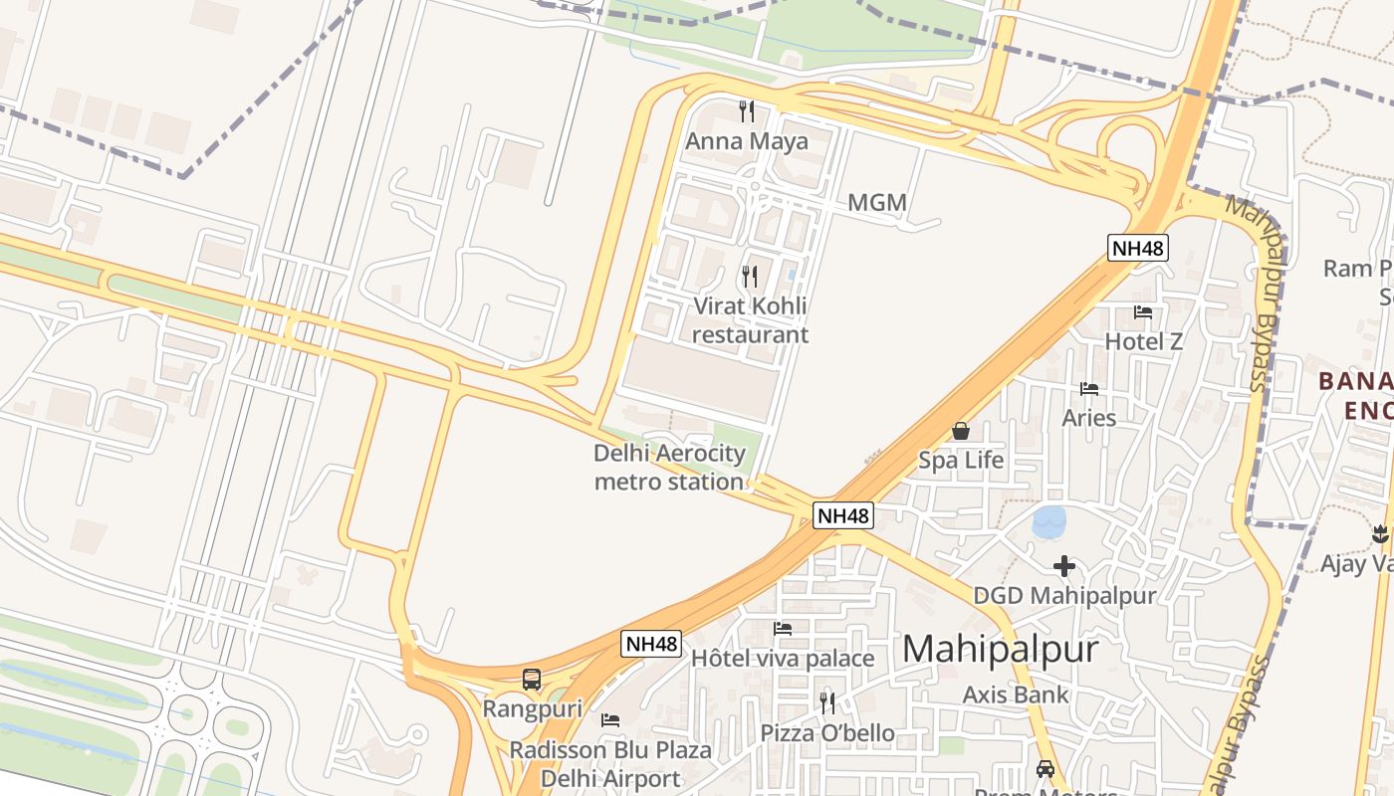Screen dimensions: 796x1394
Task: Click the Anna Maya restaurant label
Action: pyautogui.click(x=746, y=141)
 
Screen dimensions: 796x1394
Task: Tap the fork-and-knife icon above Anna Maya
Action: pyautogui.click(x=747, y=110)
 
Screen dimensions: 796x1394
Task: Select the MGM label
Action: pyautogui.click(x=876, y=203)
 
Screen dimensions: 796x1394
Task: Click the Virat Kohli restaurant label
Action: pyautogui.click(x=749, y=319)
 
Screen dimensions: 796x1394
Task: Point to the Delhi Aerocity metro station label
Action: pyautogui.click(x=669, y=468)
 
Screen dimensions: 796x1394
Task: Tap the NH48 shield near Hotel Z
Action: pyautogui.click(x=1137, y=248)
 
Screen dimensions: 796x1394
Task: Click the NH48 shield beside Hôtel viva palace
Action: pyautogui.click(x=651, y=644)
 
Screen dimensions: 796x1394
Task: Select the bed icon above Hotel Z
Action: pyautogui.click(x=1143, y=312)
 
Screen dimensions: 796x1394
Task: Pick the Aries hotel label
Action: pyautogui.click(x=1088, y=418)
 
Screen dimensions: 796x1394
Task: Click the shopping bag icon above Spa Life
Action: pyautogui.click(x=961, y=431)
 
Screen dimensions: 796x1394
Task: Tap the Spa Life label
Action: pyautogui.click(x=961, y=461)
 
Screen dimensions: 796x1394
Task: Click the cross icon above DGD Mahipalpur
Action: pyautogui.click(x=1063, y=566)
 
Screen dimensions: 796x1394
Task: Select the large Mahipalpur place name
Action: pyautogui.click(x=1001, y=649)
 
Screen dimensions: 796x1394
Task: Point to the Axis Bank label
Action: pyautogui.click(x=1015, y=695)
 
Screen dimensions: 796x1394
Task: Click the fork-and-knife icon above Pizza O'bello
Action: pyautogui.click(x=827, y=703)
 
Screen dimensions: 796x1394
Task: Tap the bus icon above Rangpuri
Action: pyautogui.click(x=532, y=680)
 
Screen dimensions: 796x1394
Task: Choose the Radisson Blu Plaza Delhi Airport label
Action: pyautogui.click(x=610, y=763)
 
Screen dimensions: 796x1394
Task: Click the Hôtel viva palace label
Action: pyautogui.click(x=783, y=659)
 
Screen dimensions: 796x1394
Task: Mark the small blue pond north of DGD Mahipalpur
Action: pyautogui.click(x=1048, y=521)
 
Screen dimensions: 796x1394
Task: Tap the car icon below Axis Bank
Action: pyautogui.click(x=1045, y=768)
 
